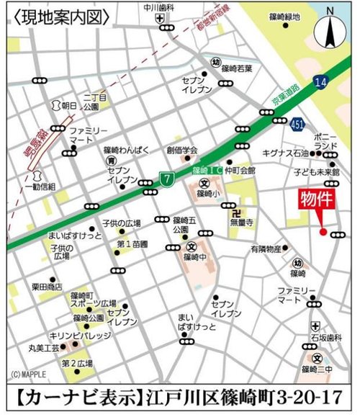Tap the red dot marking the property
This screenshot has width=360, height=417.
click(322, 232)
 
